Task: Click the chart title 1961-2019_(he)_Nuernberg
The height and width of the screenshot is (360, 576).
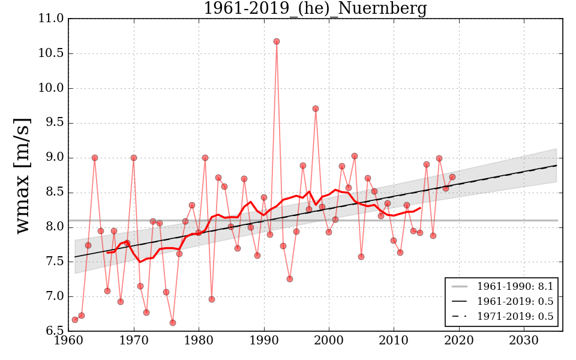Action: [315, 9]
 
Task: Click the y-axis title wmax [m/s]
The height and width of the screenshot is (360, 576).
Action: [22, 175]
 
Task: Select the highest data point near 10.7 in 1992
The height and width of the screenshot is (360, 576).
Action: [277, 41]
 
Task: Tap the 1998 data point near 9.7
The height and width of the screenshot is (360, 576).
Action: [316, 109]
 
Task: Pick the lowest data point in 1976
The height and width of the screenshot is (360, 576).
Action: [173, 323]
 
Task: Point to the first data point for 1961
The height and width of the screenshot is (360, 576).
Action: [75, 320]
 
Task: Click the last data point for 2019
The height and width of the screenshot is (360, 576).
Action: [452, 177]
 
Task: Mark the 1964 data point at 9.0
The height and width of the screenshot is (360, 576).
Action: [95, 158]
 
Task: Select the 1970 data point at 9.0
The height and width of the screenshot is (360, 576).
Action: [134, 158]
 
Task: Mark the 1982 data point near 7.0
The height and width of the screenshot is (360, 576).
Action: [212, 299]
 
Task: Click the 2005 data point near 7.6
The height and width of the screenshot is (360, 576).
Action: [361, 257]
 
